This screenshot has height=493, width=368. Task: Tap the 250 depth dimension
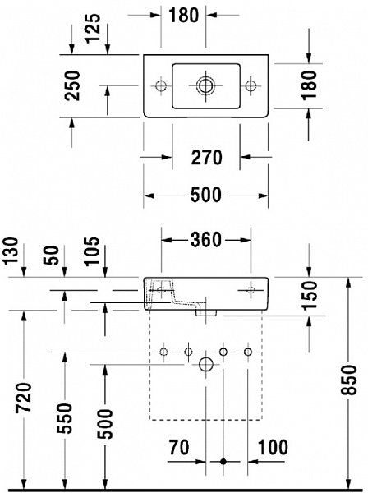coord(72,85)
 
